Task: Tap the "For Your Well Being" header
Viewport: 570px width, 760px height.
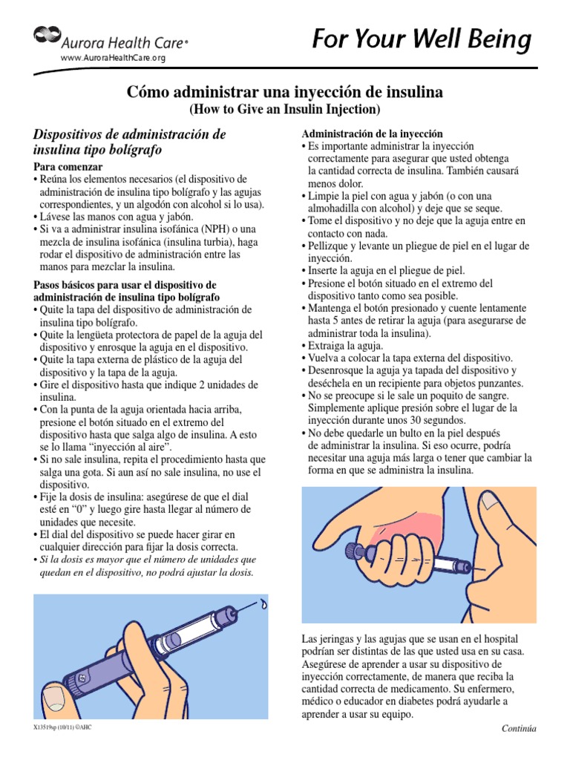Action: click(421, 39)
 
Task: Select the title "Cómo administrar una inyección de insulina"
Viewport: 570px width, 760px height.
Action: click(284, 93)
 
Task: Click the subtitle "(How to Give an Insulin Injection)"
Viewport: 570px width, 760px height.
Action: click(284, 110)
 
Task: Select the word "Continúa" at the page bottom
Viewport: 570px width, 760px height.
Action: click(519, 728)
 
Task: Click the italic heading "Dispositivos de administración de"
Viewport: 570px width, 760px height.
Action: click(129, 134)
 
